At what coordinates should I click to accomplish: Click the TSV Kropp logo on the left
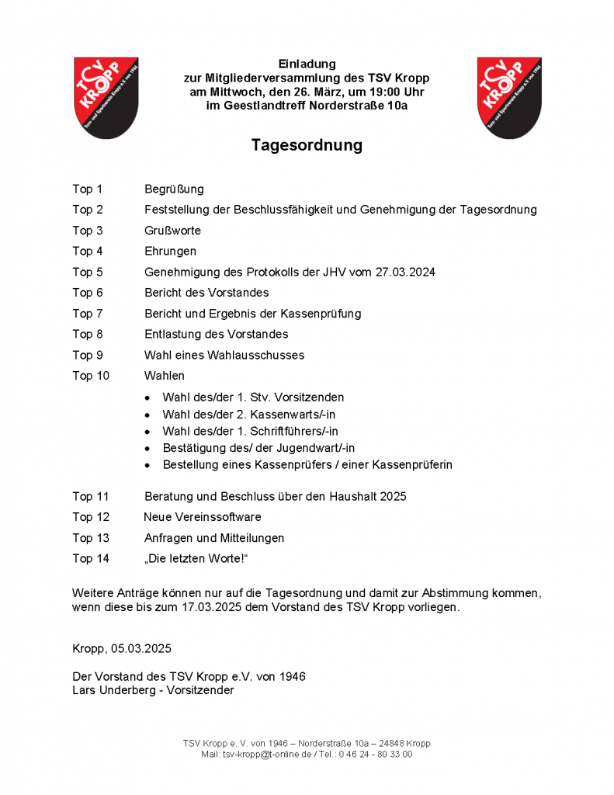click(106, 97)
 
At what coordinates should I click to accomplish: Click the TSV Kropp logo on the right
click(508, 97)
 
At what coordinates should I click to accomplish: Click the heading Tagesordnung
click(307, 145)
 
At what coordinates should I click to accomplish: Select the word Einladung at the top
click(307, 64)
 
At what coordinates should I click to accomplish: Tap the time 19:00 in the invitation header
click(374, 92)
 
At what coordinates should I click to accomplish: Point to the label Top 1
click(88, 189)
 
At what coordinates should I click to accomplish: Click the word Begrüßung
click(174, 189)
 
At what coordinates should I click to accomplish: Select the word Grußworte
click(172, 231)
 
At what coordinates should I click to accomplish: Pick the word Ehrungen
click(170, 251)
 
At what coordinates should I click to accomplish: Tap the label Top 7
click(88, 314)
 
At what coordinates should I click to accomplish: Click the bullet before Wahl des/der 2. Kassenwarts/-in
click(147, 414)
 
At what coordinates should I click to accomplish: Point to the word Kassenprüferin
click(415, 464)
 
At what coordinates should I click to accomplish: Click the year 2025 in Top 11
click(392, 496)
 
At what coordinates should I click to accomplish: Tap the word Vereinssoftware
click(217, 517)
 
